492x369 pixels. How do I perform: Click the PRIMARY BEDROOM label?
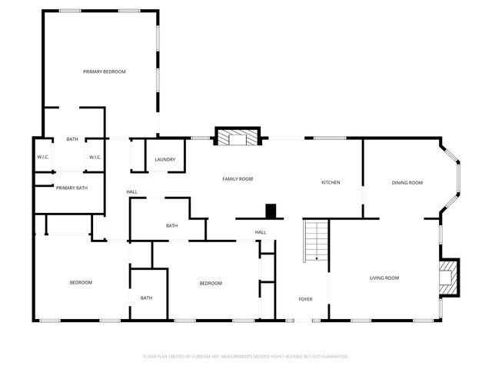[105, 71]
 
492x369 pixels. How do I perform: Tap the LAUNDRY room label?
[165, 160]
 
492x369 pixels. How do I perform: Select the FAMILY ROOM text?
[238, 179]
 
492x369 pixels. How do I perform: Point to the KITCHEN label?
[331, 182]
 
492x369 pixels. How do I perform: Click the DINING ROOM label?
[407, 183]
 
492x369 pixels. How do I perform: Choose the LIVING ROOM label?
[384, 278]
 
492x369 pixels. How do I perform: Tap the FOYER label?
[306, 298]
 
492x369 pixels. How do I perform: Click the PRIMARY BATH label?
[71, 188]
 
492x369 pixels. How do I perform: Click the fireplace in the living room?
[448, 277]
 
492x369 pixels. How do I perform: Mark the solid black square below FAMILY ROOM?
[271, 211]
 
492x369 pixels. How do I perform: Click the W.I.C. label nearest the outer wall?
[43, 158]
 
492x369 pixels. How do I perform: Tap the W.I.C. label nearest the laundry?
[95, 158]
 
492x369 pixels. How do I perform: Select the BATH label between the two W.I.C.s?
[72, 139]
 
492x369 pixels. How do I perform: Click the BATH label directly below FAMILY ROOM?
[172, 225]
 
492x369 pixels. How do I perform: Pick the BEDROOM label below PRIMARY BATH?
[81, 283]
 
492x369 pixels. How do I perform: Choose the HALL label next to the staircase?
[261, 232]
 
